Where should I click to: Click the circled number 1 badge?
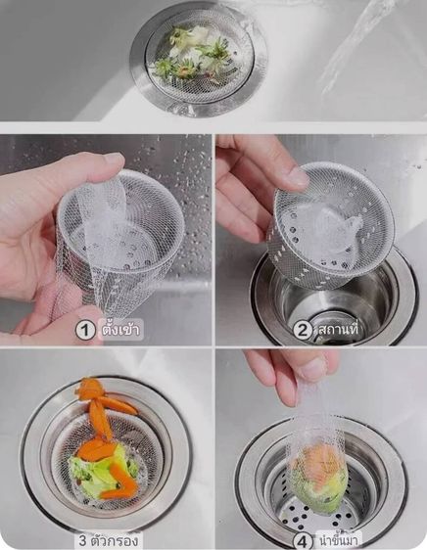pos(86,330)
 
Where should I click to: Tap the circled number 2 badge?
pos(304,330)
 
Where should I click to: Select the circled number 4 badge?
pos(304,539)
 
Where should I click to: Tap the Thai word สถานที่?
pos(339,330)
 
